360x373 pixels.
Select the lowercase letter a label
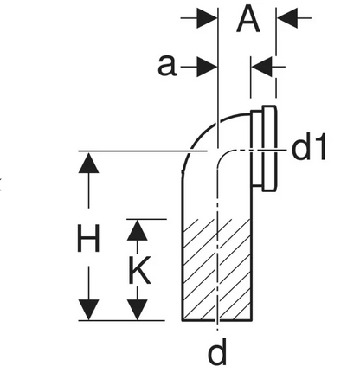(x=167, y=66)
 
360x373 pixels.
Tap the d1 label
(x=309, y=146)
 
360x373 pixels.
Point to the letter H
(x=88, y=238)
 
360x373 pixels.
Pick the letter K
(x=139, y=271)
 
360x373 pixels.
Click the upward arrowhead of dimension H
(x=88, y=163)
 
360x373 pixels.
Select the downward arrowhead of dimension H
(x=88, y=310)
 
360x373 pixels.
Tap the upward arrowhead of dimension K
(x=138, y=230)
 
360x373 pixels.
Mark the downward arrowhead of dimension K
(x=138, y=310)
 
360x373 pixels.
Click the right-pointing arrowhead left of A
(x=207, y=18)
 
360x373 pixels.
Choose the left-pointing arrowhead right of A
(x=287, y=18)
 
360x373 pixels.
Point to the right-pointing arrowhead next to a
(x=207, y=67)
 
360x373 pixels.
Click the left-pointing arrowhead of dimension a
(x=261, y=67)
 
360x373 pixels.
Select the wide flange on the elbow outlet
(x=269, y=148)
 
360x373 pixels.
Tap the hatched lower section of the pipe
(x=217, y=270)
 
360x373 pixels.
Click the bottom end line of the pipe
(x=217, y=320)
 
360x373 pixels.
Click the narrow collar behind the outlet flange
(x=256, y=148)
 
